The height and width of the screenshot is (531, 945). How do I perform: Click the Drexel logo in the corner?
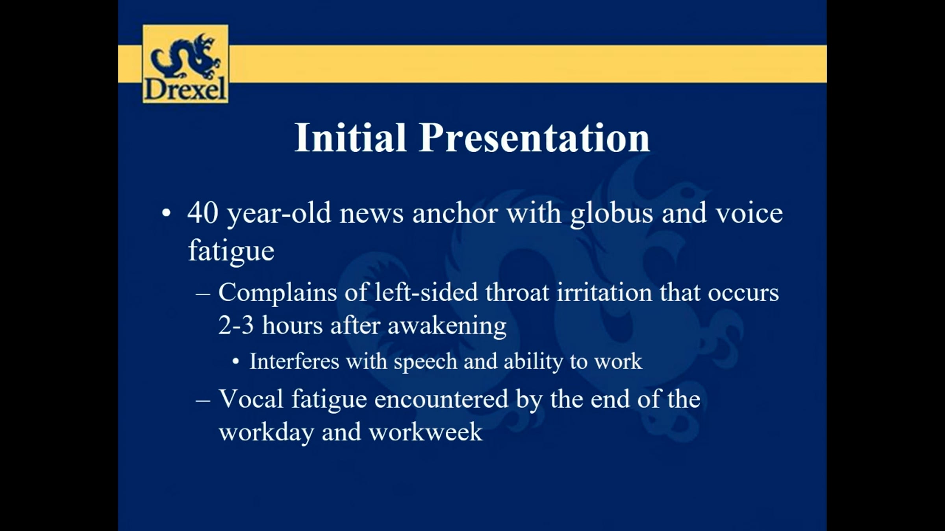pyautogui.click(x=185, y=64)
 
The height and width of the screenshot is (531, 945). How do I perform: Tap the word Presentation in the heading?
pyautogui.click(x=535, y=137)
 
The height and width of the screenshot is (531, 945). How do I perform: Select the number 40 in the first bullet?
pyautogui.click(x=203, y=213)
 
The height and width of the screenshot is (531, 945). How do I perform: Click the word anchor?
pyautogui.click(x=455, y=213)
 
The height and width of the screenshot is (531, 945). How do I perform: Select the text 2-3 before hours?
pyautogui.click(x=236, y=325)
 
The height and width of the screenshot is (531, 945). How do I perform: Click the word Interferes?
pyautogui.click(x=295, y=361)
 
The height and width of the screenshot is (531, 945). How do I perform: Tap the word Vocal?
pyautogui.click(x=251, y=399)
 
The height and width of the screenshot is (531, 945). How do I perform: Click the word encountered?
pyautogui.click(x=441, y=399)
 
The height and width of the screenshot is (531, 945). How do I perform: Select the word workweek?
pyautogui.click(x=425, y=432)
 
